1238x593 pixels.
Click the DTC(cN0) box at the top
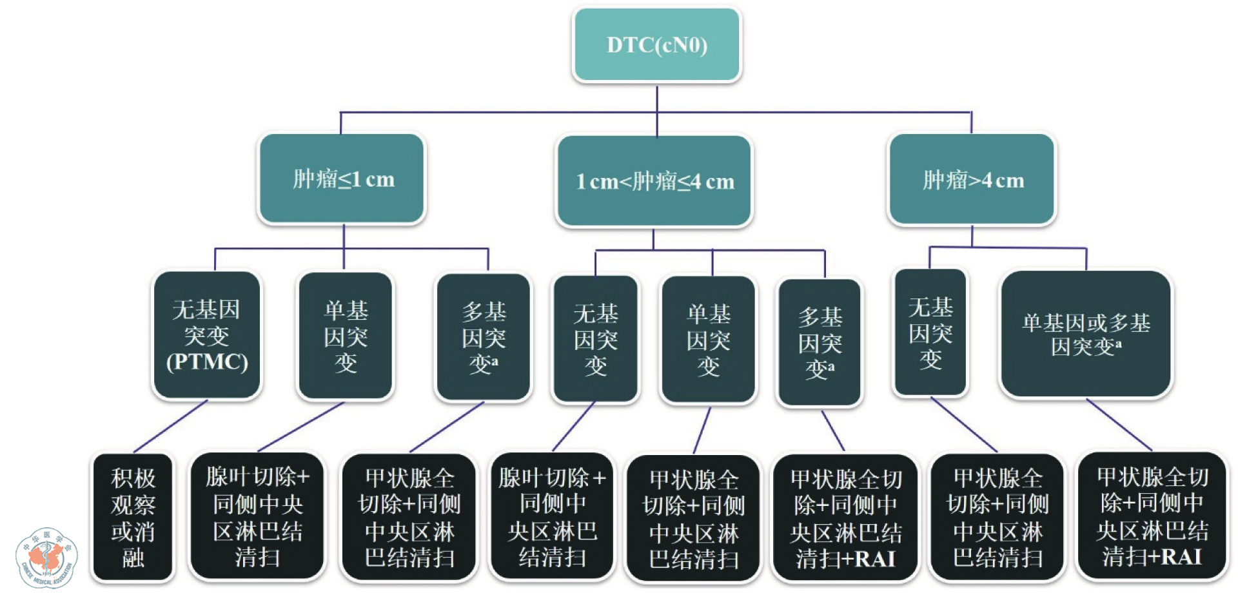click(x=656, y=44)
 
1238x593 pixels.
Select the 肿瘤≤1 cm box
click(x=342, y=179)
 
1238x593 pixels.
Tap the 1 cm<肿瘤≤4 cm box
click(x=654, y=181)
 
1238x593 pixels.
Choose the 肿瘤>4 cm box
click(x=972, y=180)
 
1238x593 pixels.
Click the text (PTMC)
click(x=207, y=362)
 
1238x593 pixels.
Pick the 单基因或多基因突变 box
click(x=1086, y=334)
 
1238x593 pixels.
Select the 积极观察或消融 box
click(x=133, y=517)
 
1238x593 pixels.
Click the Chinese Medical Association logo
click(x=46, y=558)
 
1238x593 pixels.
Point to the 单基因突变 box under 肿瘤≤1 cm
click(x=346, y=336)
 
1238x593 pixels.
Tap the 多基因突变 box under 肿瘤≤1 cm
click(x=484, y=337)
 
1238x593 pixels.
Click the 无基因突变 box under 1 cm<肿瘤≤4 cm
click(x=596, y=339)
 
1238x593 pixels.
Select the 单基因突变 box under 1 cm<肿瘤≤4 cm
click(x=709, y=340)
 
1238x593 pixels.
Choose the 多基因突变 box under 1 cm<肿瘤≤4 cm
click(x=820, y=342)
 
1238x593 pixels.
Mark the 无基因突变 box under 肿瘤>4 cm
click(x=930, y=333)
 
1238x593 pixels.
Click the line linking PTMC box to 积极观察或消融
click(x=171, y=425)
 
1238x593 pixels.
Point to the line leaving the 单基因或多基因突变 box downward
click(x=1119, y=424)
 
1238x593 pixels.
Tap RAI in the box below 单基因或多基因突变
click(x=1182, y=556)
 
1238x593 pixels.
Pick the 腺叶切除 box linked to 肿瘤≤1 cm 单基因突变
click(x=257, y=517)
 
